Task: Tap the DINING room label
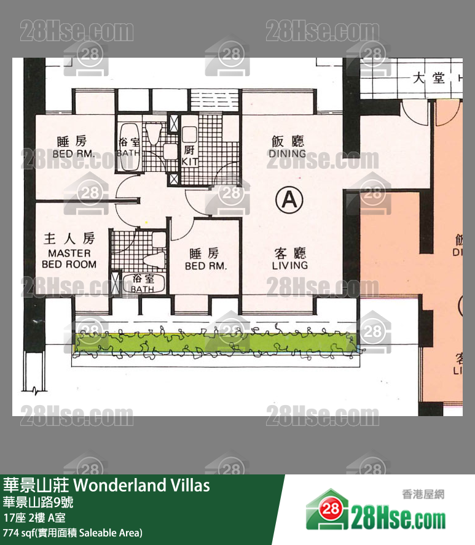pos(287,153)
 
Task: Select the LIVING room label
pos(289,265)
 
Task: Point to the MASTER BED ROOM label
pos(69,258)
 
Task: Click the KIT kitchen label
pos(189,161)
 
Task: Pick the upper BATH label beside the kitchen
pos(127,153)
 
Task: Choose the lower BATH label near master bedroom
pos(143,289)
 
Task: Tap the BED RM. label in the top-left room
pos(73,154)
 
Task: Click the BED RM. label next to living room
pos(206,266)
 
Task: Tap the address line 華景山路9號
pos(38,501)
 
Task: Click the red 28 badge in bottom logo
pos(331,509)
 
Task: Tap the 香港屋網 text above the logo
pos(422,494)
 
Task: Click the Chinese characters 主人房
pos(69,238)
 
